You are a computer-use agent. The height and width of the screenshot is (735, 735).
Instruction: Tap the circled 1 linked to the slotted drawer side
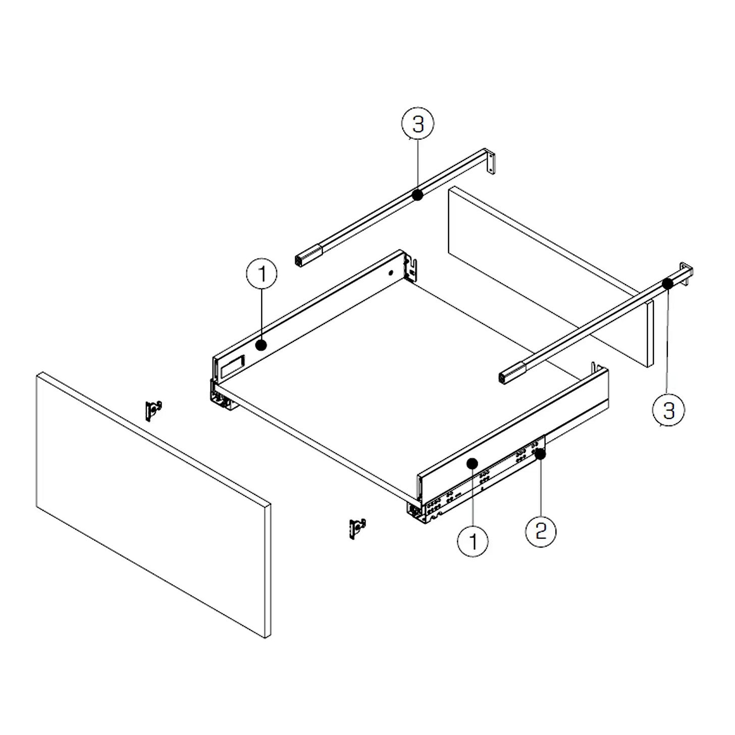261,274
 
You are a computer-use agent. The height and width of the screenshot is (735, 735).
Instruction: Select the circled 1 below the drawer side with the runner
472,541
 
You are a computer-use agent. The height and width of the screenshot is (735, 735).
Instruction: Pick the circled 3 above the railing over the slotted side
417,124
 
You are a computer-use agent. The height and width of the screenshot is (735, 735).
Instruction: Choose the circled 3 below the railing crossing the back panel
669,410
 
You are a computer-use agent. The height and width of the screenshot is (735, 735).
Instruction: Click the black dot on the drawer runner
540,454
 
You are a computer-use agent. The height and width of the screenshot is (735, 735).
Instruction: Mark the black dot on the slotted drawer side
261,346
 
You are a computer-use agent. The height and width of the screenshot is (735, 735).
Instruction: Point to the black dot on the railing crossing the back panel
667,283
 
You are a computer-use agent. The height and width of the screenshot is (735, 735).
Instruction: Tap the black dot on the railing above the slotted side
417,195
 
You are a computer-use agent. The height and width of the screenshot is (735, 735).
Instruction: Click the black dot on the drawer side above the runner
472,463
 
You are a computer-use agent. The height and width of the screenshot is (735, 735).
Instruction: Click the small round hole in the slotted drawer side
390,273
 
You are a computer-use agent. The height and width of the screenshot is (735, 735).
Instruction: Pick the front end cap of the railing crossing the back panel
512,373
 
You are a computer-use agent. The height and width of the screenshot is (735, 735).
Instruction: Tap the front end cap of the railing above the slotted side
308,256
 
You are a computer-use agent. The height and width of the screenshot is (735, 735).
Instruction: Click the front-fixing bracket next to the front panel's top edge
153,410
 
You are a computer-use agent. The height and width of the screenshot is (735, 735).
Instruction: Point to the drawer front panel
153,505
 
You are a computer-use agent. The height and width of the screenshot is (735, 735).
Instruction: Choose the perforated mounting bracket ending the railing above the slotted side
491,162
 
